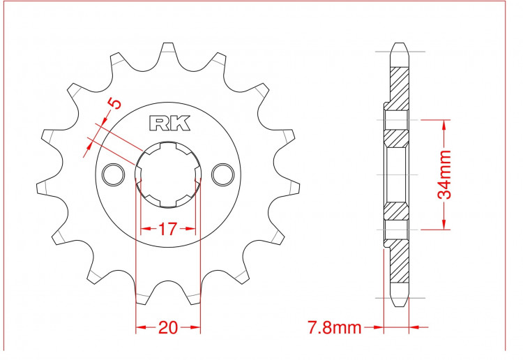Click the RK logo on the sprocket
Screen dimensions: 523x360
tap(169, 123)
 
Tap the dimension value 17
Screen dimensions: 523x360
tap(167, 229)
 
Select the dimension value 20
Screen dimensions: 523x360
tap(168, 328)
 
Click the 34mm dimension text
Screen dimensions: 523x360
tap(444, 174)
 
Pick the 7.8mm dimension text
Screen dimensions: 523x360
tap(334, 328)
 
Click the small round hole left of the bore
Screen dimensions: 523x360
tap(114, 174)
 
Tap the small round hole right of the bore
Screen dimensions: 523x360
tap(223, 174)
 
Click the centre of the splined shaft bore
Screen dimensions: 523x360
tap(168, 174)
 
